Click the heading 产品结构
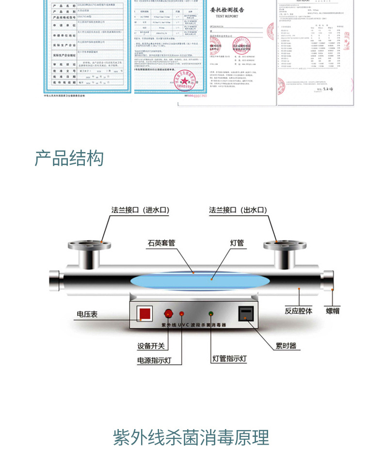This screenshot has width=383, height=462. tap(69, 158)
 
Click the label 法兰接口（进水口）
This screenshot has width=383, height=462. tap(137, 210)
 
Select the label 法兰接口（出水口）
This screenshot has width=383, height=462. tap(238, 210)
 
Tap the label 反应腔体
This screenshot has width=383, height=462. tap(298, 310)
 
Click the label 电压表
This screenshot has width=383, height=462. tap(87, 314)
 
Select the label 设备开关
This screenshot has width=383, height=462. tap(151, 346)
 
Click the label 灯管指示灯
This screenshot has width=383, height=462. tap(230, 359)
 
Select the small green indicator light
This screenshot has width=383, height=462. tap(211, 313)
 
